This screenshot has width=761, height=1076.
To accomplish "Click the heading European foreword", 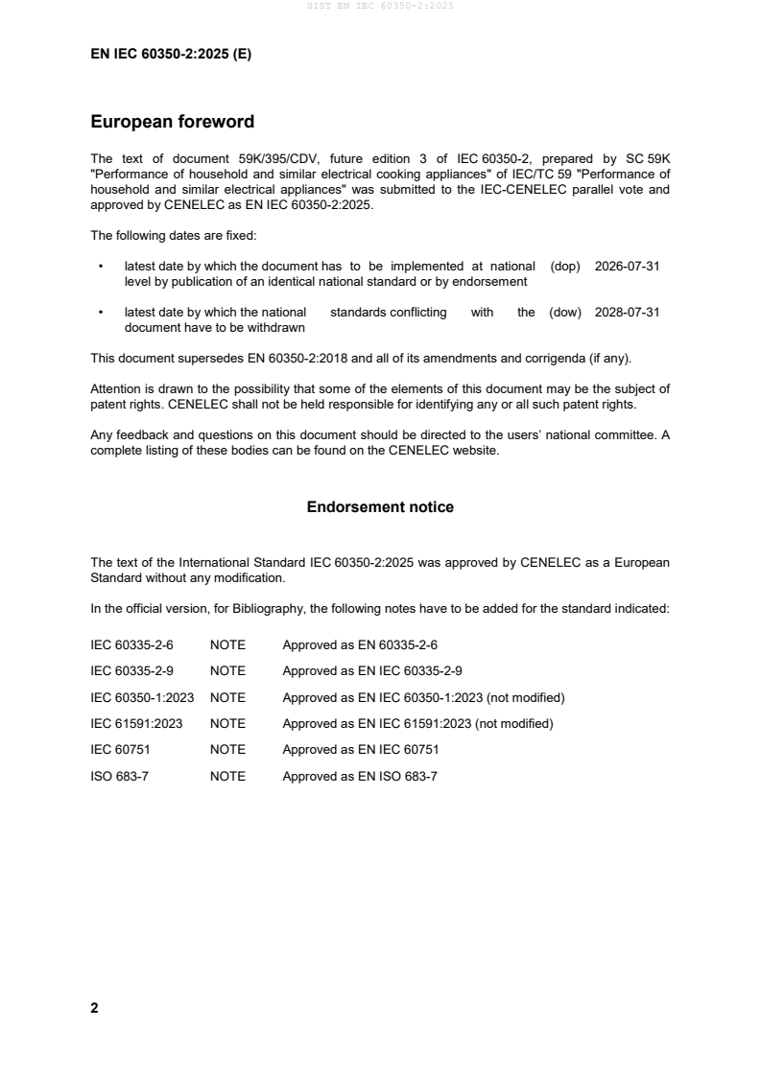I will pos(172,122).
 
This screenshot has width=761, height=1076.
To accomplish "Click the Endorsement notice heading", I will pos(380,506).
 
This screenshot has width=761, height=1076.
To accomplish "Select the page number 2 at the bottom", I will pos(94,1008).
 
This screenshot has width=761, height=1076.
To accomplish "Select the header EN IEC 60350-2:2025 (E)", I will pos(171,55).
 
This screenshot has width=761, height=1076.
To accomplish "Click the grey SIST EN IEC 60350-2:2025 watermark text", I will pos(380,6).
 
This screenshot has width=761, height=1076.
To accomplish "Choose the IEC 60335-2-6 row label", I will pos(131,645).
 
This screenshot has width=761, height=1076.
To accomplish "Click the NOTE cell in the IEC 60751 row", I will pos(227,750).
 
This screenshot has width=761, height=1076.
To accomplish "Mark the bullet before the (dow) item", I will pos(101,313).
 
